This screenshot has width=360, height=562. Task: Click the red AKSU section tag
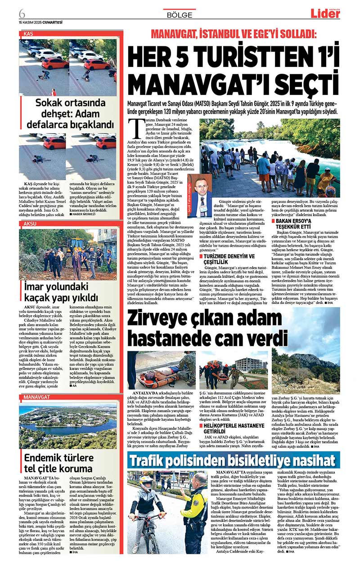click(30, 223)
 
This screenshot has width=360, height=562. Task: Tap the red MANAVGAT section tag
click(35, 397)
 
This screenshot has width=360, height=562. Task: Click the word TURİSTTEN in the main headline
click(229, 58)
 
